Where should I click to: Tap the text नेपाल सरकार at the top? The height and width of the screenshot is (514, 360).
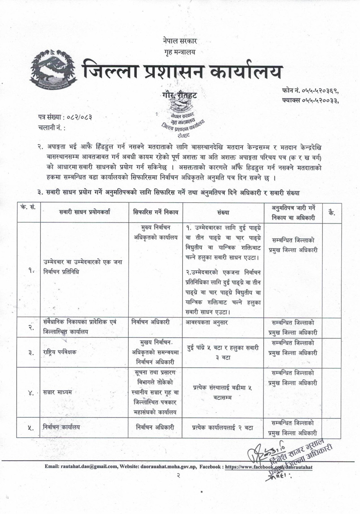[180, 41]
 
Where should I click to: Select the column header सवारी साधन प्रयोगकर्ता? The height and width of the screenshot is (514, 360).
[84, 212]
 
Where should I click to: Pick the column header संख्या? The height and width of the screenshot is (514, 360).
[223, 212]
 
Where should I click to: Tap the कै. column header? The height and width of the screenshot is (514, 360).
[332, 212]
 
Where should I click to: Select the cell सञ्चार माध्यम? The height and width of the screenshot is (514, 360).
[58, 392]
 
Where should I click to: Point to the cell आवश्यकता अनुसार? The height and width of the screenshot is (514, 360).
[207, 323]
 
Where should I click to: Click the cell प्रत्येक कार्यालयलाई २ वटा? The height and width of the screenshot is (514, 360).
[223, 427]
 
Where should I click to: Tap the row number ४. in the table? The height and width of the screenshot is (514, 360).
[31, 392]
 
